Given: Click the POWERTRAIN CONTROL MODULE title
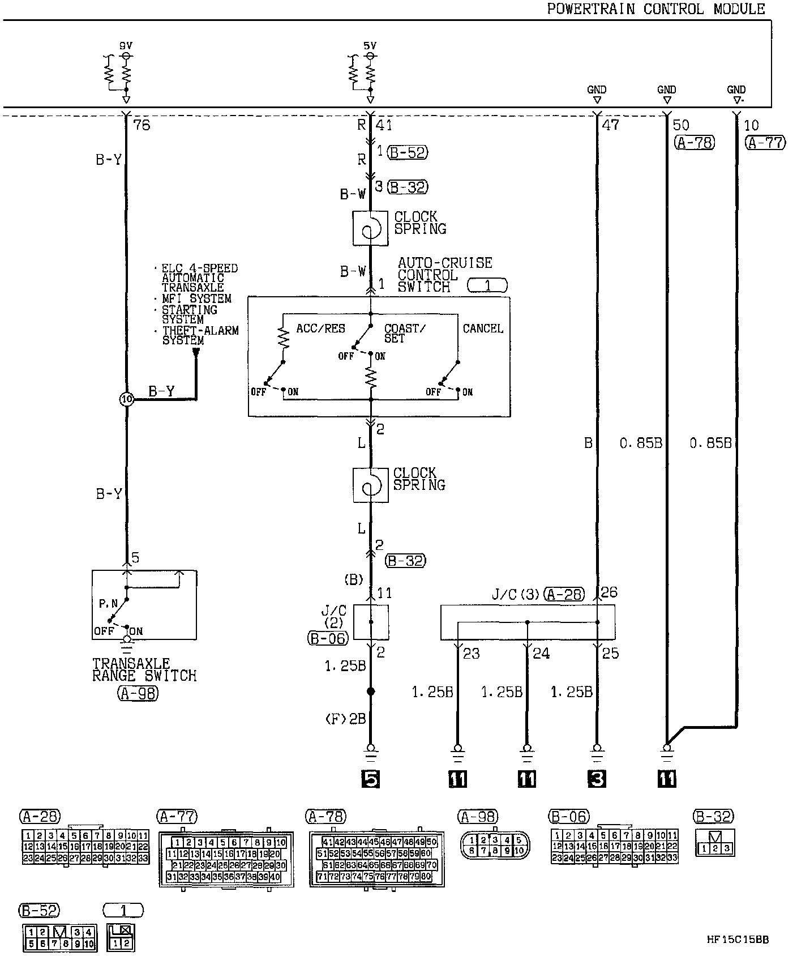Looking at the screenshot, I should tap(655, 9).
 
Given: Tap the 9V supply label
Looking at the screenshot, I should tap(126, 45).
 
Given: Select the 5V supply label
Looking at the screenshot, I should tap(370, 45).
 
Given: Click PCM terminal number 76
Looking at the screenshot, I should tap(142, 125).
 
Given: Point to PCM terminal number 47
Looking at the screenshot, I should tap(610, 125).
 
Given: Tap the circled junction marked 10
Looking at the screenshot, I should tap(126, 399).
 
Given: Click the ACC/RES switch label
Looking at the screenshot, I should tap(320, 328).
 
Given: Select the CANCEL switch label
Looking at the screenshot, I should tap(483, 328).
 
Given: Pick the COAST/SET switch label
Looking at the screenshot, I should tap(405, 333).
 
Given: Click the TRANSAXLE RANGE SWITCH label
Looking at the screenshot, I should tap(144, 669).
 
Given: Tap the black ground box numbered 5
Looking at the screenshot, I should tap(370, 779).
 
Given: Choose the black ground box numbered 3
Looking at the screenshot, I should tap(597, 779).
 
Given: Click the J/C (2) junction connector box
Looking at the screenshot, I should tap(371, 622).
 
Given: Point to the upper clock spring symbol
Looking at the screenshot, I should tap(371, 228).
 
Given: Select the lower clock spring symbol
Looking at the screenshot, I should tap(371, 485).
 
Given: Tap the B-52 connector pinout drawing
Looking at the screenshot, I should tap(59, 937).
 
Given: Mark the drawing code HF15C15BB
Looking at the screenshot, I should tap(738, 940).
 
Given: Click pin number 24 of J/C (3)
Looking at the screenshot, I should tap(541, 654).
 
